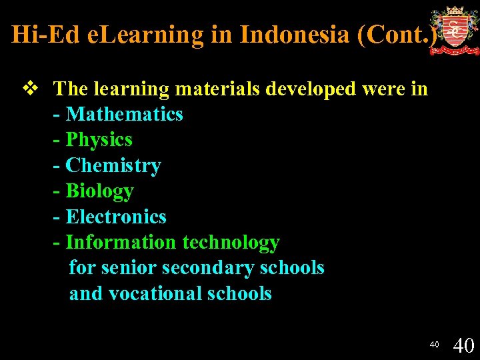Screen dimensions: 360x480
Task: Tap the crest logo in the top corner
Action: pos(454,30)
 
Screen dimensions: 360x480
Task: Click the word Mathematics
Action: pos(124,114)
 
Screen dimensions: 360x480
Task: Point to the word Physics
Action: pos(99,140)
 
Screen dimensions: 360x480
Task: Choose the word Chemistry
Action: pos(113,165)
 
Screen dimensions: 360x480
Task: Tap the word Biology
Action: pos(99,191)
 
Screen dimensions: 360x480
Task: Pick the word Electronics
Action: pos(116,217)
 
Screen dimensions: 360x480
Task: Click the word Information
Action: pos(121,243)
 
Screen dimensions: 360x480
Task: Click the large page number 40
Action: pos(463,345)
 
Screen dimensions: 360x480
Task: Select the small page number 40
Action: pos(434,345)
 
